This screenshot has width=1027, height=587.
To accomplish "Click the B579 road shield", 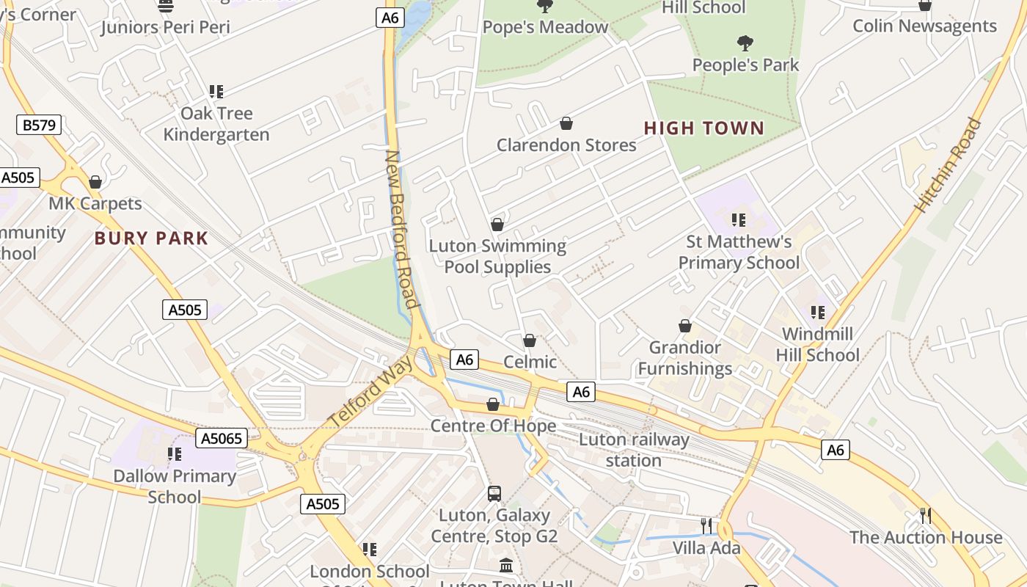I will (39, 125).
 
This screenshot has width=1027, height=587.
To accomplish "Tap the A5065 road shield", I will (222, 439).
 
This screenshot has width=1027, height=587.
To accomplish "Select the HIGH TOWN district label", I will (704, 128).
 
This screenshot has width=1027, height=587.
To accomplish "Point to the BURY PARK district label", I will (152, 238).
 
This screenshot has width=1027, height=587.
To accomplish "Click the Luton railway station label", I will (634, 450).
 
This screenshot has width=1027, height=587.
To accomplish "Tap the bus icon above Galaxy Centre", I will (494, 493).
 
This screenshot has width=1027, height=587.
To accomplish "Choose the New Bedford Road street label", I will (402, 229).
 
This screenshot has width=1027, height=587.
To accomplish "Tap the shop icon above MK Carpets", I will (95, 182).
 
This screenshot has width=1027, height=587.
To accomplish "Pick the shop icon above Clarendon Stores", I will (566, 123).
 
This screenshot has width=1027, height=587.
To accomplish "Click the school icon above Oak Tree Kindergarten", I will (216, 92).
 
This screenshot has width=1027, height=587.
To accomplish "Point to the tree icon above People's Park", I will (745, 43).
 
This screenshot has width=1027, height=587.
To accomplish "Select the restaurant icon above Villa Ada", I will (706, 525).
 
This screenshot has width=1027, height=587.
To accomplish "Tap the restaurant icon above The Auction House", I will (926, 516).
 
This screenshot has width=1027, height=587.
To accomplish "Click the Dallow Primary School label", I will (175, 486).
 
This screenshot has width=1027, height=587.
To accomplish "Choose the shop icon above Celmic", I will (530, 340).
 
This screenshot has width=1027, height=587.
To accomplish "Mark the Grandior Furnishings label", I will (685, 357).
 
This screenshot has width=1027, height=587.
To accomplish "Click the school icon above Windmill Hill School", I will (818, 313).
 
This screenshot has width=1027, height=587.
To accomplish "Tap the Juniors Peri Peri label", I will (166, 27).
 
